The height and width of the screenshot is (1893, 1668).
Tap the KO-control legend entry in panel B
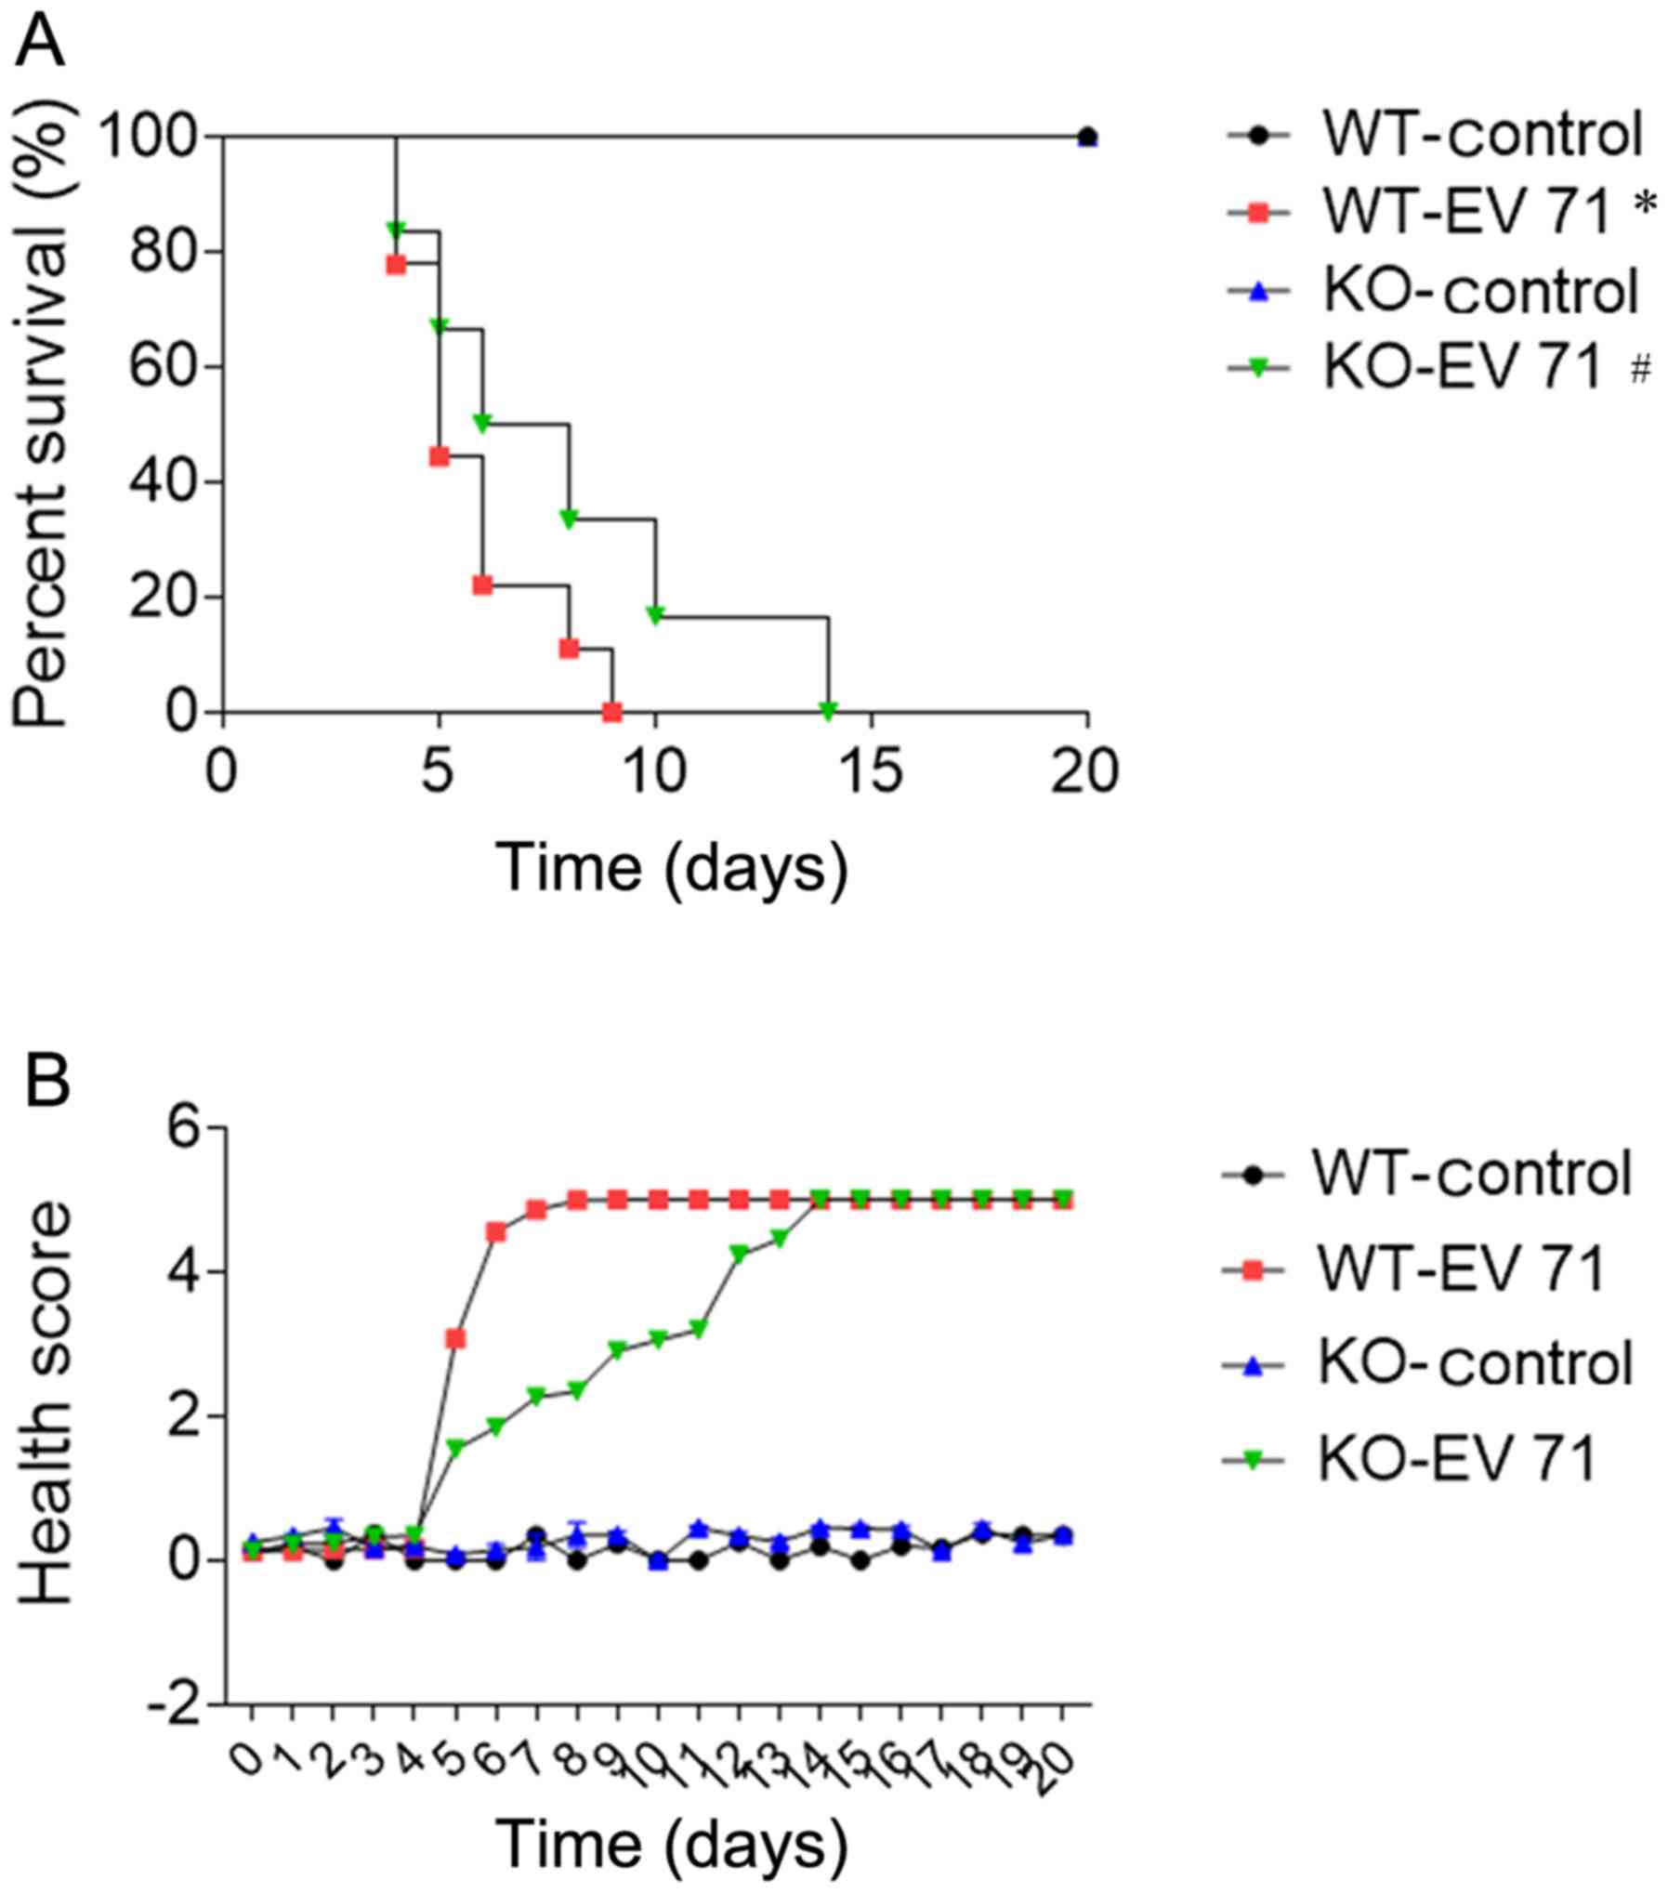1431,1362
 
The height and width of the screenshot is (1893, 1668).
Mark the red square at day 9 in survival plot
611,713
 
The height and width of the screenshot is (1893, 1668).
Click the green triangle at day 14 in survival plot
828,711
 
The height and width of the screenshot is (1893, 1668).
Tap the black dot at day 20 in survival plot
1086,137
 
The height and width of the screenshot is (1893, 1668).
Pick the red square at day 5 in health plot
455,1338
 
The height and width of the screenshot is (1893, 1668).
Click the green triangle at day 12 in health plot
739,1254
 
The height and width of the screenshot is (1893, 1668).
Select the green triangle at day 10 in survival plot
655,615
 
